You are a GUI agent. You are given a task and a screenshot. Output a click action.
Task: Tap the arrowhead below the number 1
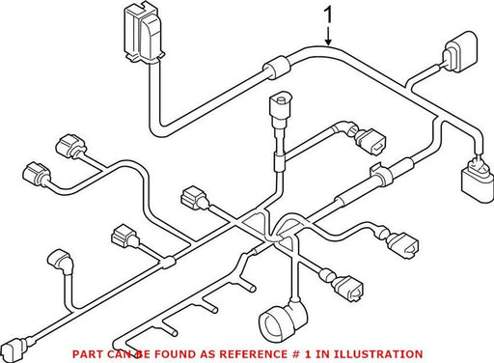tap(328, 42)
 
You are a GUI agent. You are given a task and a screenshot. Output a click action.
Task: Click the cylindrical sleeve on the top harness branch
tap(276, 68)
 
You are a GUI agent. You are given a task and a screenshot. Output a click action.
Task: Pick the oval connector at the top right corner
tap(459, 51)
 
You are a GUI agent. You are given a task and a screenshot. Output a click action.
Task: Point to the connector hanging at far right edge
tap(477, 181)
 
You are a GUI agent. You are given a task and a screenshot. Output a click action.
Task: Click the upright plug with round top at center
tap(281, 109)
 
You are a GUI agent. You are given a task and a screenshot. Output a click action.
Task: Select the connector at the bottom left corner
tap(15, 348)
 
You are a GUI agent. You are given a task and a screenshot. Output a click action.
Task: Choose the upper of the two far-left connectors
tap(70, 147)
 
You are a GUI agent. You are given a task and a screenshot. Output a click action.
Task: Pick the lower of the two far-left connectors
tap(37, 173)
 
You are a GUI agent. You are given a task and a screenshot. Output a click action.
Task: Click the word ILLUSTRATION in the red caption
tap(377, 354)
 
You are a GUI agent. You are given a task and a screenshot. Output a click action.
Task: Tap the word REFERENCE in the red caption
tap(252, 354)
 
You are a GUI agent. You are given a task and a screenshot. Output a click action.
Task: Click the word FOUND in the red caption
tap(175, 354)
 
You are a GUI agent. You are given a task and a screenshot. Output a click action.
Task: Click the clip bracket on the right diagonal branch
tap(381, 175)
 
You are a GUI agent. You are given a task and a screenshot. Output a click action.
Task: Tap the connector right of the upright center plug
tap(370, 141)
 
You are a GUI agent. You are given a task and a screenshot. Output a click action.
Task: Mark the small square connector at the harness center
tap(194, 197)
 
